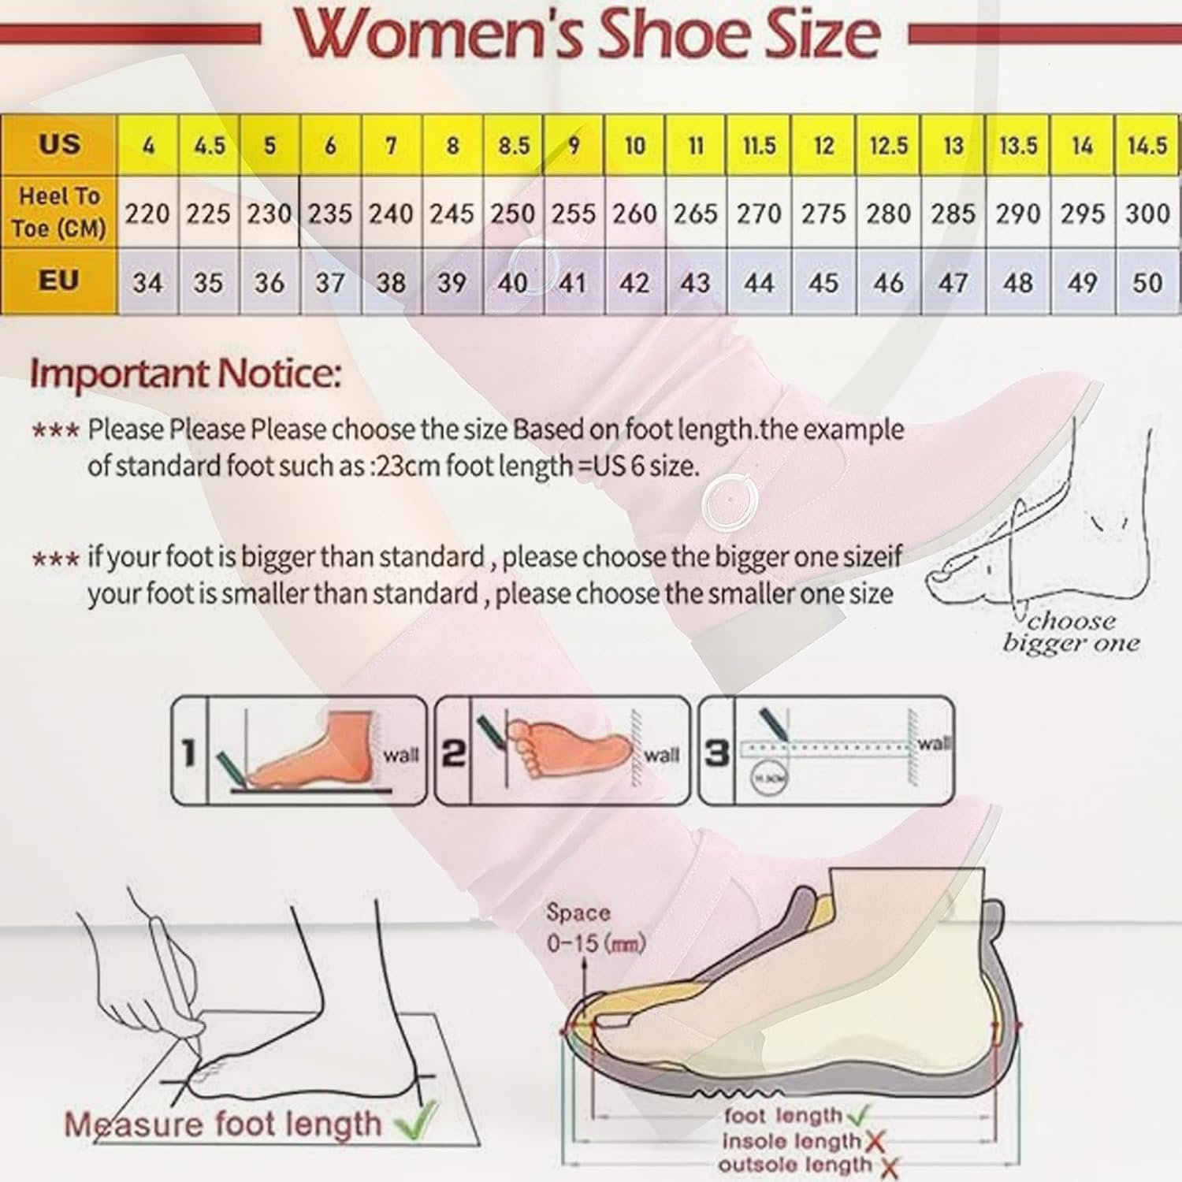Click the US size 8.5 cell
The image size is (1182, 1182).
coord(513,146)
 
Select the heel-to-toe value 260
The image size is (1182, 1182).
coord(635,214)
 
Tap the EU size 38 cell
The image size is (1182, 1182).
coord(391,282)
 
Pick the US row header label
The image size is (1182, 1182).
coord(59,144)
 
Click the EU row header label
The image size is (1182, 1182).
coord(59,281)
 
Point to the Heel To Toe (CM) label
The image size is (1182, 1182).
coord(59,212)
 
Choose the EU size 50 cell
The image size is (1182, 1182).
coord(1147,282)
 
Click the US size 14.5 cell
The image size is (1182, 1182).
coord(1147,146)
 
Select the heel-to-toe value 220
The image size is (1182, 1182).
coord(147,214)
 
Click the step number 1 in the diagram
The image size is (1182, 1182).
coord(189,753)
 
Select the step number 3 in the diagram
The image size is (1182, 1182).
coord(716,753)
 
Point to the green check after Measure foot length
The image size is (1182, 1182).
coord(416,1121)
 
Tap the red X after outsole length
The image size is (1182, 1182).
coord(887,1165)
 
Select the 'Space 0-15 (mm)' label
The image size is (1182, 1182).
coord(596,927)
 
